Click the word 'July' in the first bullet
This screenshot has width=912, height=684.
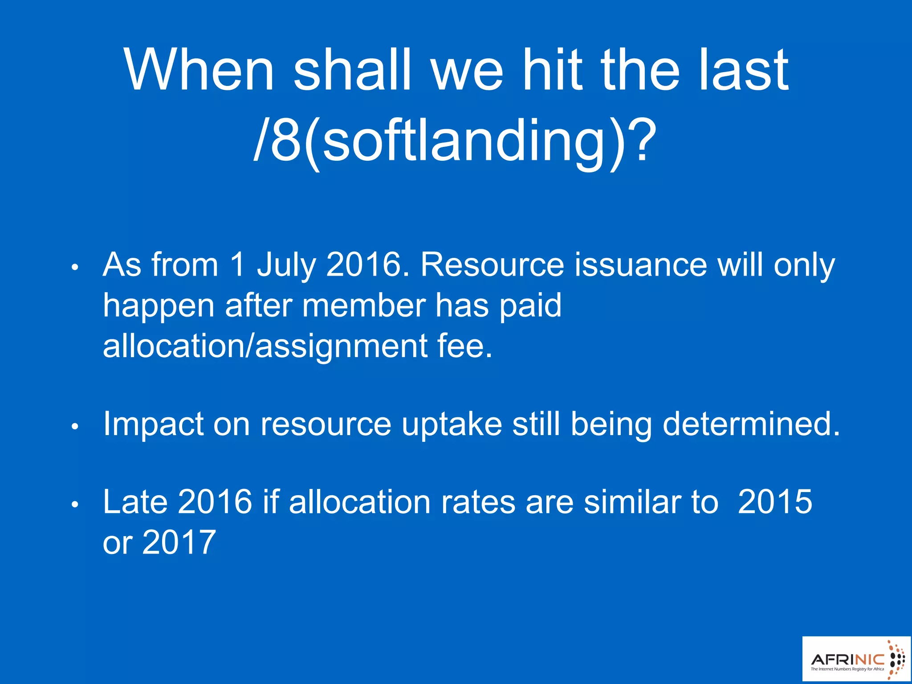pos(286,265)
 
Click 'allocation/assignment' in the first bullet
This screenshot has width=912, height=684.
pos(265,346)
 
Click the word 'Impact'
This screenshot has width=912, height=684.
pos(153,424)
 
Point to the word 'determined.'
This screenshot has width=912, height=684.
pos(751,423)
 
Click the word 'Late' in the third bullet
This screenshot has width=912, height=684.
pos(135,502)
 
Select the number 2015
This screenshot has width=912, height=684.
pos(775,502)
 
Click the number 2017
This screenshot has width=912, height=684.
pos(179,542)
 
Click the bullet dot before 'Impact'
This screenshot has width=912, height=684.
pos(75,426)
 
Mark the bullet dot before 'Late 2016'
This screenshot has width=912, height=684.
pos(75,505)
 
